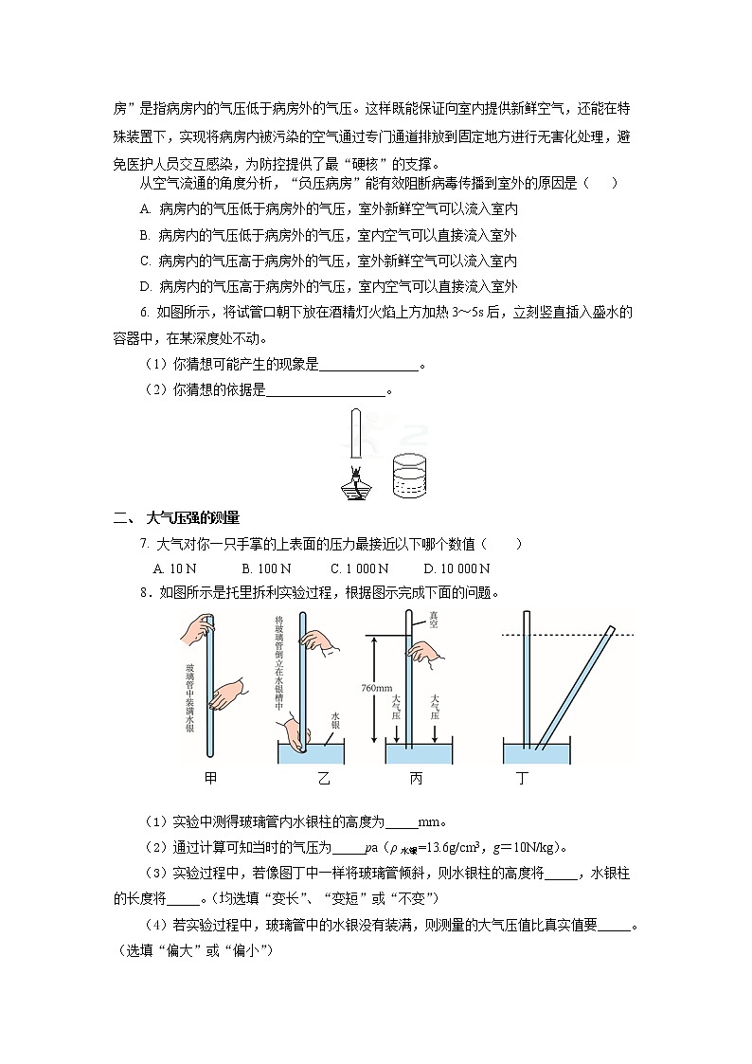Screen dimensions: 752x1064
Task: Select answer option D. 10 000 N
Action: [457, 568]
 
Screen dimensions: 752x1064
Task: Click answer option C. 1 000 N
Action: [360, 568]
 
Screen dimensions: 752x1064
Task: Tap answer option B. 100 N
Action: [266, 568]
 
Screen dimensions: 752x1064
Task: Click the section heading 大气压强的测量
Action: [193, 517]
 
